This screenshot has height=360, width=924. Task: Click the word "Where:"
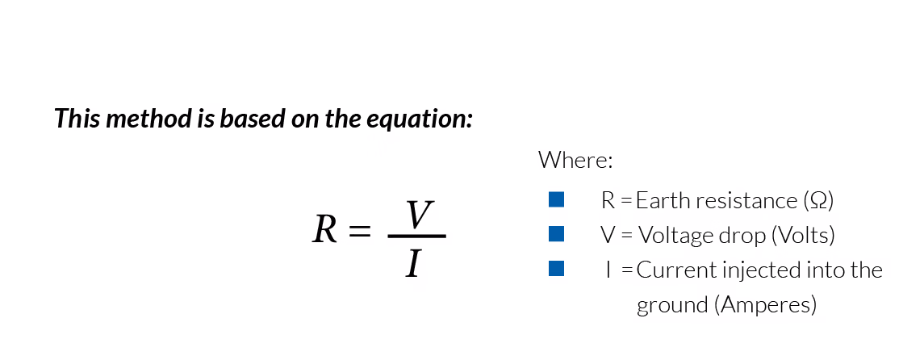[576, 159]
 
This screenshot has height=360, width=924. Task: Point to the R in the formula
[324, 230]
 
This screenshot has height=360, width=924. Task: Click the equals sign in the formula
[360, 232]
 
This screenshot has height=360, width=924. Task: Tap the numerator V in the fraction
[419, 215]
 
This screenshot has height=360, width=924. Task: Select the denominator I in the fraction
[414, 263]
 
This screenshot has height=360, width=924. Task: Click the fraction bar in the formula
[416, 236]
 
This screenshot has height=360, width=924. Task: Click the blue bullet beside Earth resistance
[556, 199]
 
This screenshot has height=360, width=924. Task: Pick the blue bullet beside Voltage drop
[556, 234]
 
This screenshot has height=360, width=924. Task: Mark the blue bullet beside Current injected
[556, 269]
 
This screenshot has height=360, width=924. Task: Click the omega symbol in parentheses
[817, 200]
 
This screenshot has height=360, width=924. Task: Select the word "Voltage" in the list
[671, 235]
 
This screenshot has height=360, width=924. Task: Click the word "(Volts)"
[803, 235]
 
